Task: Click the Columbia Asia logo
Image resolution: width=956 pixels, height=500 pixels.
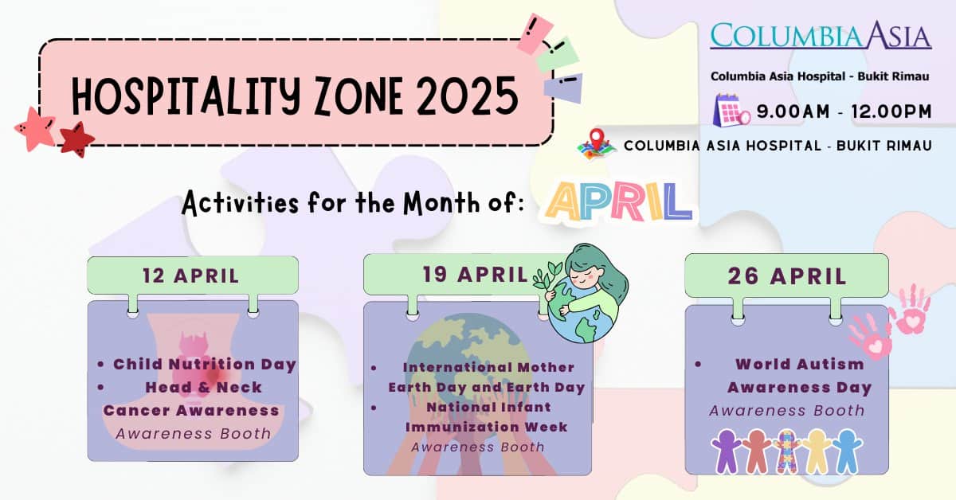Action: [821, 37]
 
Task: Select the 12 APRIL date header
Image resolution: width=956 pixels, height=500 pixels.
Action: [191, 276]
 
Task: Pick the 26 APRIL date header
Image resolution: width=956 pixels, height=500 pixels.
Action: [786, 275]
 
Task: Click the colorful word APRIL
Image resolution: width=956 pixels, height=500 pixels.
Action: [615, 201]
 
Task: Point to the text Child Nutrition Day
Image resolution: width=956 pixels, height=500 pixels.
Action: [205, 365]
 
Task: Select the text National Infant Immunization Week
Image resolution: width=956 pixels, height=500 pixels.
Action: [486, 416]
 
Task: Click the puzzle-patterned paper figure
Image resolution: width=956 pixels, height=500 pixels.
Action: [785, 451]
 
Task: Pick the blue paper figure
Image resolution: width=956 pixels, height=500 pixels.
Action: [846, 451]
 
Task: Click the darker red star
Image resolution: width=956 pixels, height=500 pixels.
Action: [76, 139]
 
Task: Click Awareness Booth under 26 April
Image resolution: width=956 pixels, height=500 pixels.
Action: [786, 411]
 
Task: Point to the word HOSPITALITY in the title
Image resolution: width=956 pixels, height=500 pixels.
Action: [187, 96]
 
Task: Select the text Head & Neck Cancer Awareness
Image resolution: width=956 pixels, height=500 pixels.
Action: [191, 399]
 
